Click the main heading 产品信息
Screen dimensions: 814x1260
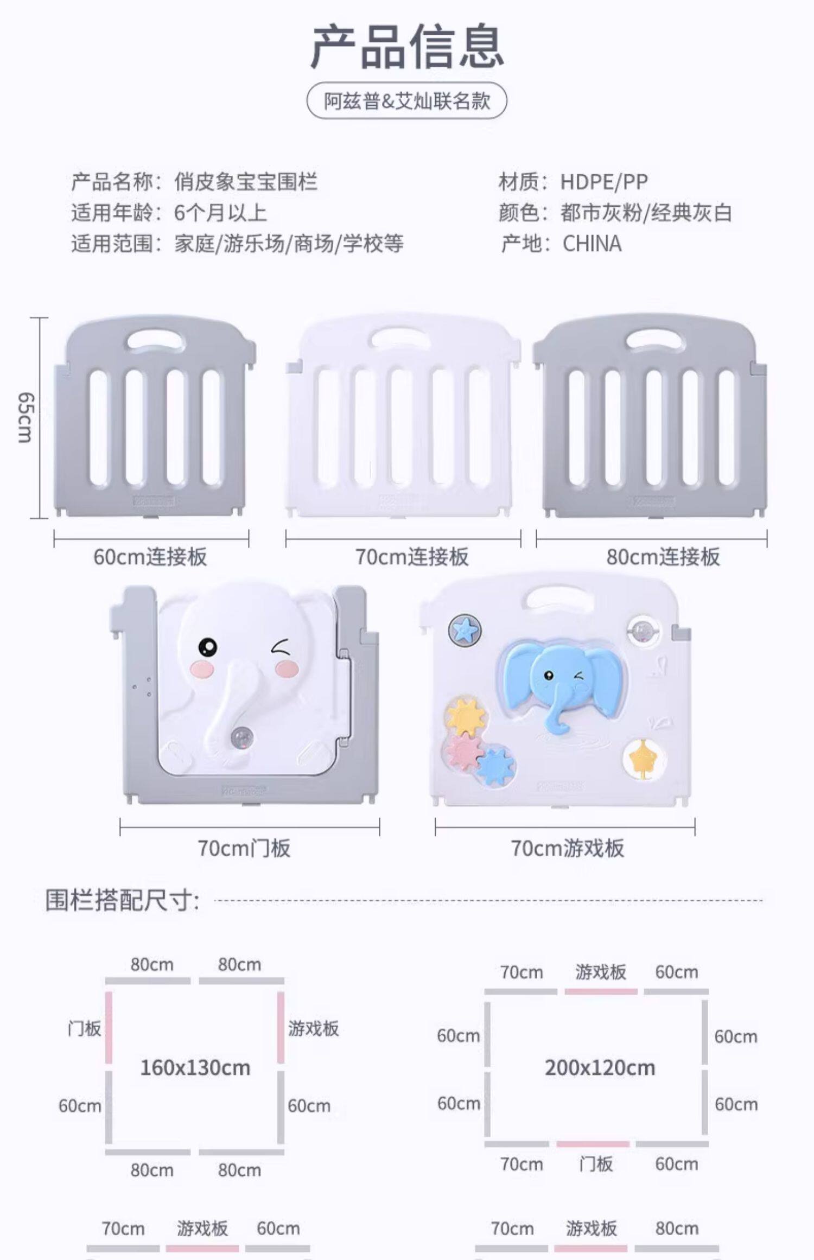tap(407, 47)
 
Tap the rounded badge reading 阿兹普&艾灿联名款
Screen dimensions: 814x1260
tap(407, 101)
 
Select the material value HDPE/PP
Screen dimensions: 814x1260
tap(604, 182)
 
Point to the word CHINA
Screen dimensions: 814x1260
tap(592, 244)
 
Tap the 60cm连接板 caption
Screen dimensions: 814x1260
tap(150, 557)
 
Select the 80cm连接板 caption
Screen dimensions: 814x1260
tap(663, 557)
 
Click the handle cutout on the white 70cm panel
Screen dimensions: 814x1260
tap(401, 339)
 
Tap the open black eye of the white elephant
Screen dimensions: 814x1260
tap(207, 646)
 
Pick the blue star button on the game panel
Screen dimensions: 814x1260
tap(465, 630)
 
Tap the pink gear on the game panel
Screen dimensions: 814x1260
tap(465, 749)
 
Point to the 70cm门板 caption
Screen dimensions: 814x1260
tap(244, 848)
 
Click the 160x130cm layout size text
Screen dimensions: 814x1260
tap(195, 1068)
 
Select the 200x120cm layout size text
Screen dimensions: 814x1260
tap(600, 1068)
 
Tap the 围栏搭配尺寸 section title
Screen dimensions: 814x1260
tap(122, 900)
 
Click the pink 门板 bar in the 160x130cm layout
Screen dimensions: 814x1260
tap(109, 1027)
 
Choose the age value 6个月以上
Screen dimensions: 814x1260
tap(220, 213)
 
